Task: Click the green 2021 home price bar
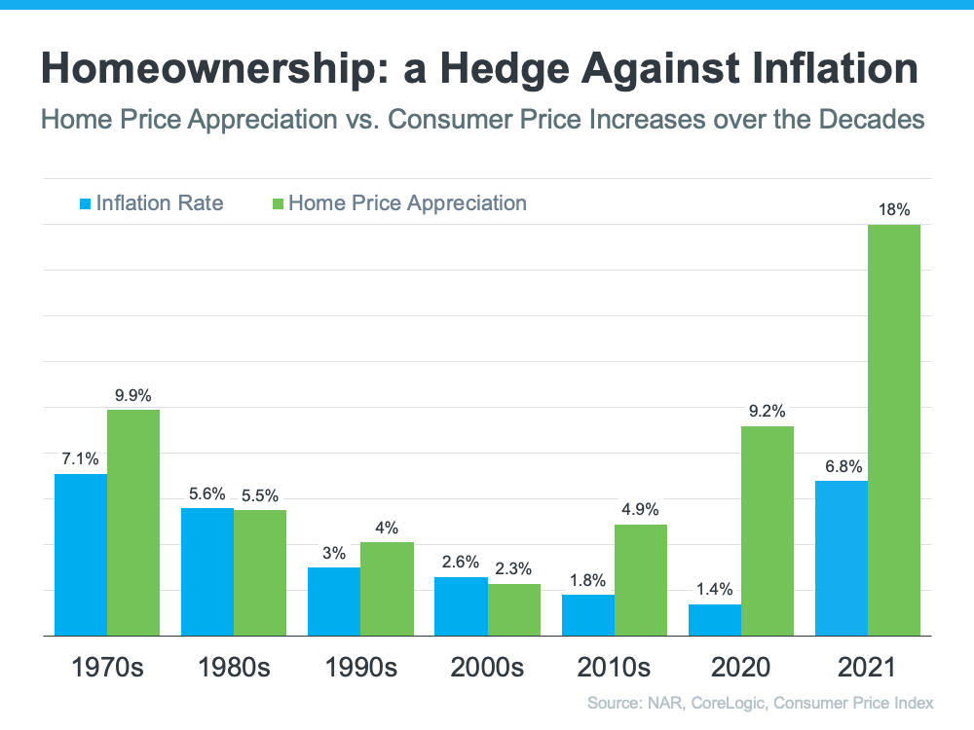[x=894, y=430]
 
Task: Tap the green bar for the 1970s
[x=133, y=523]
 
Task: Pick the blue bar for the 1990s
[x=334, y=602]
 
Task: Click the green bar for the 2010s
[x=640, y=580]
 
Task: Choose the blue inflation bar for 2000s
[x=461, y=606]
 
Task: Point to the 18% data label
[x=894, y=209]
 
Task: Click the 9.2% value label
[x=768, y=411]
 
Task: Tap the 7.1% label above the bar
[x=81, y=458]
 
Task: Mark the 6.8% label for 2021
[x=842, y=465]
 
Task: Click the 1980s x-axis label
[x=234, y=668]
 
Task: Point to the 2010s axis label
[x=614, y=668]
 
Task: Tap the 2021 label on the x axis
[x=868, y=668]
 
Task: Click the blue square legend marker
[x=85, y=203]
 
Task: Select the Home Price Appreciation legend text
[x=407, y=202]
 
